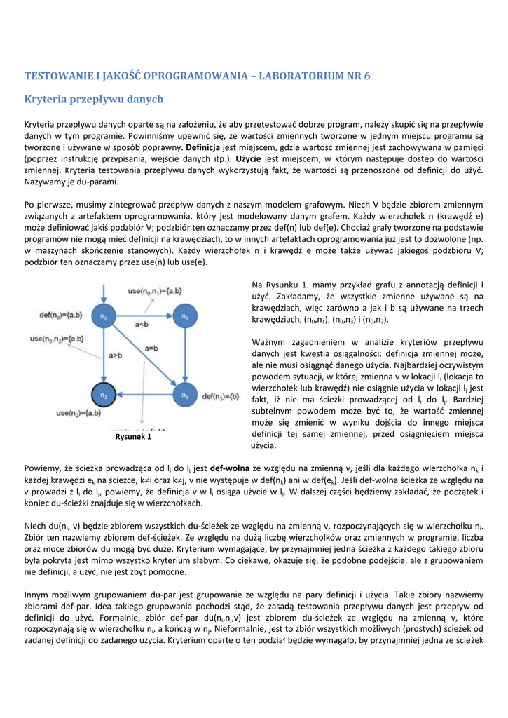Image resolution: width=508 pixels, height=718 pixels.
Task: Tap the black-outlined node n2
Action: click(x=104, y=396)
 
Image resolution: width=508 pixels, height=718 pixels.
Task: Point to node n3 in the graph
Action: click(x=185, y=396)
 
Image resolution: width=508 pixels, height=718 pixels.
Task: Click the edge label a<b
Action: click(x=142, y=324)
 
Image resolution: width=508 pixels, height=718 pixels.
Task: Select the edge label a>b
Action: click(x=116, y=355)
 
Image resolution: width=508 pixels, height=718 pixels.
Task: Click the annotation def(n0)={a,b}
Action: click(x=60, y=313)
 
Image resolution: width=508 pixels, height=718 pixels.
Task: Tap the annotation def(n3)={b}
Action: click(x=222, y=397)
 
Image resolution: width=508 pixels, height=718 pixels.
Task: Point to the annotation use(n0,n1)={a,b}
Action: click(x=155, y=290)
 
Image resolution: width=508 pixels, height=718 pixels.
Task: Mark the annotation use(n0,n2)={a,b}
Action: click(x=57, y=339)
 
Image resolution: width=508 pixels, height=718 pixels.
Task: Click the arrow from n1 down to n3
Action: click(x=185, y=357)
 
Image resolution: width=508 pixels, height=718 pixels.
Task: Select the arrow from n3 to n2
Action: click(x=144, y=397)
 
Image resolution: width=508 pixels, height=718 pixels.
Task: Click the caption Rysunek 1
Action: click(x=133, y=437)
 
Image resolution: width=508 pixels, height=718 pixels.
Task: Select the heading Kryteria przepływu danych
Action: click(x=94, y=99)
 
